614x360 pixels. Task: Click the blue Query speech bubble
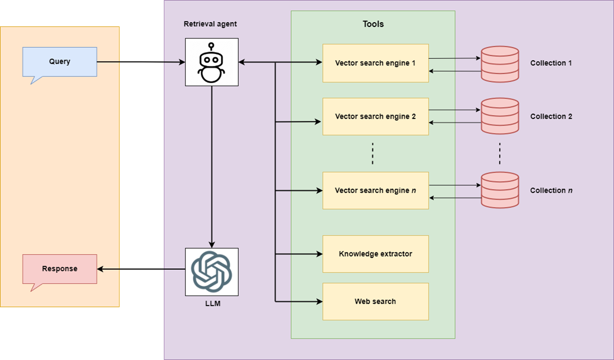59,62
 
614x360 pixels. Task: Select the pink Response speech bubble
59,269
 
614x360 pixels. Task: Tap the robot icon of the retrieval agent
211,62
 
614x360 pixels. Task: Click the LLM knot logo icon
211,271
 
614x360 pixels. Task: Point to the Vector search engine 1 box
375,63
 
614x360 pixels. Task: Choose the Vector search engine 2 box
375,116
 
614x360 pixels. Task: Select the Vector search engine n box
375,191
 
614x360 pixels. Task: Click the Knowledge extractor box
375,254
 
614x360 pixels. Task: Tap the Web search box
375,302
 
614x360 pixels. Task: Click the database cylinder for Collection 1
499,64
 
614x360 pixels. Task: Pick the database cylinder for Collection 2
499,116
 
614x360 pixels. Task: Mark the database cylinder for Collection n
499,190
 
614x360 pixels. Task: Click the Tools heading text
373,24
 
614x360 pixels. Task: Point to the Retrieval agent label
210,24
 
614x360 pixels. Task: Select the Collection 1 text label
551,63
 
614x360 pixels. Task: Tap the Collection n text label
551,191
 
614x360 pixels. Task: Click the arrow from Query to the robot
139,62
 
